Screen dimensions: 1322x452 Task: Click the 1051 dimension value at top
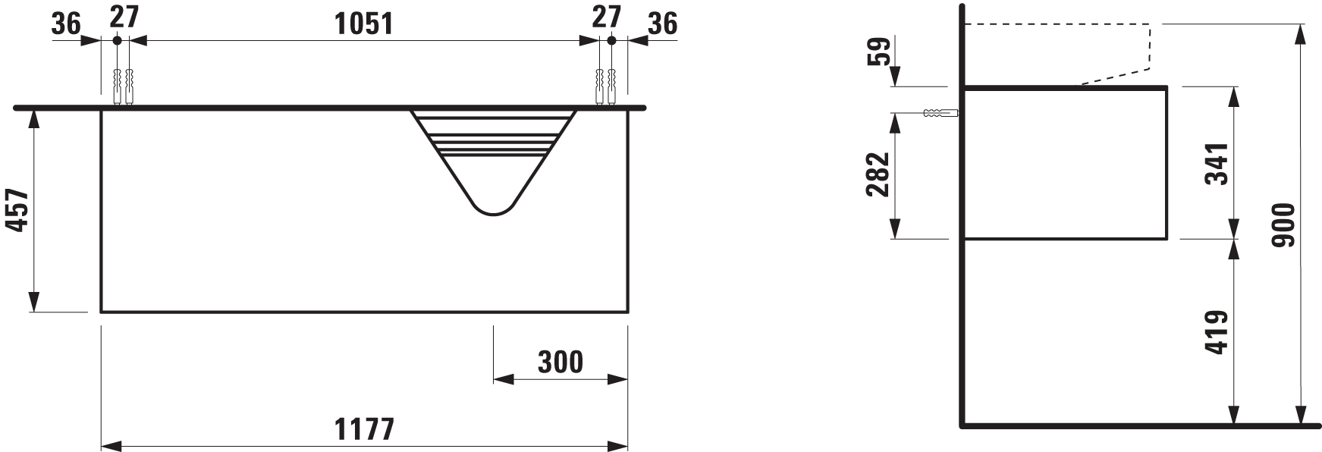tap(364, 24)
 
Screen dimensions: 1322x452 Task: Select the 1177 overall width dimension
tap(364, 429)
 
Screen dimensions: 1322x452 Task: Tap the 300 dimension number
tap(561, 363)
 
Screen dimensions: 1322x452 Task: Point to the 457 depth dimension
tap(18, 212)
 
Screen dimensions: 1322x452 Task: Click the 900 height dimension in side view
tap(1283, 225)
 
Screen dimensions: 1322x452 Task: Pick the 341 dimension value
tap(1216, 163)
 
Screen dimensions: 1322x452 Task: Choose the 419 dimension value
tap(1216, 332)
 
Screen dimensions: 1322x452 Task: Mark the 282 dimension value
tap(877, 174)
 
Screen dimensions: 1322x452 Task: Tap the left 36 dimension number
tap(66, 24)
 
